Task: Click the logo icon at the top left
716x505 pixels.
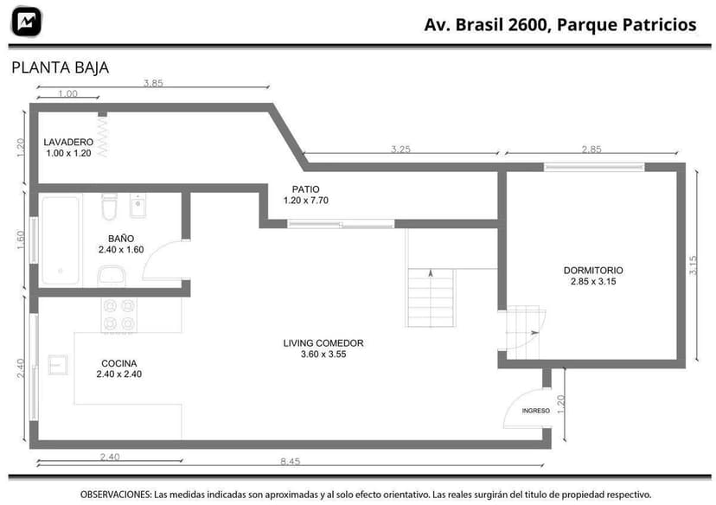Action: pyautogui.click(x=27, y=21)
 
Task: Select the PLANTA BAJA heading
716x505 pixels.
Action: pyautogui.click(x=60, y=67)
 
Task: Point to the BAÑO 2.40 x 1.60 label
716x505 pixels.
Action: pyautogui.click(x=120, y=244)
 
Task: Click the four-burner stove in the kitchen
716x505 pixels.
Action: pyautogui.click(x=119, y=315)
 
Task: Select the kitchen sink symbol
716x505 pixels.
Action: pyautogui.click(x=58, y=364)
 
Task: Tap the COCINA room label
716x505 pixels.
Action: pyautogui.click(x=118, y=368)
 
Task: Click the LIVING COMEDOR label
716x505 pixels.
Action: pyautogui.click(x=323, y=348)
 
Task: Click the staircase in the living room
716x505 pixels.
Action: pyautogui.click(x=430, y=297)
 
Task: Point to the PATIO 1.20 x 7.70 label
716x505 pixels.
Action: pyautogui.click(x=305, y=195)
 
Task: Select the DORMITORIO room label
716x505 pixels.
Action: pyautogui.click(x=592, y=275)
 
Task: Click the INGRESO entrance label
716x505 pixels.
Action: pyautogui.click(x=535, y=411)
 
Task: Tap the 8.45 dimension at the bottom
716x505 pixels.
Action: pyautogui.click(x=290, y=462)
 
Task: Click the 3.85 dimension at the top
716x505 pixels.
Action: pyautogui.click(x=153, y=84)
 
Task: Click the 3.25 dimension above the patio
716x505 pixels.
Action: pyautogui.click(x=400, y=149)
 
